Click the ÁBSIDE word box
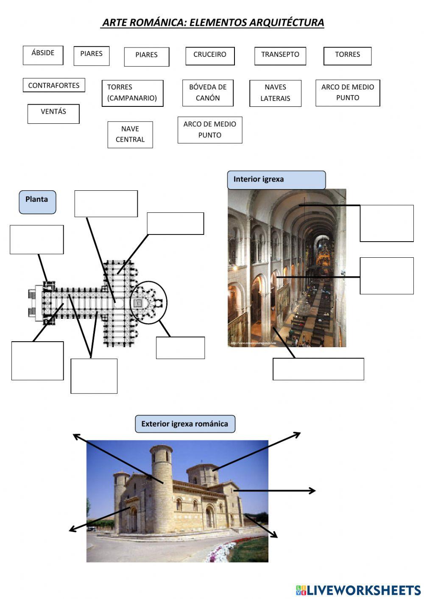[x=43, y=55]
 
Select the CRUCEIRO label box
[x=210, y=56]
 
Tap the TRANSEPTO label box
[x=280, y=56]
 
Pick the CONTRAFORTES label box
[x=54, y=85]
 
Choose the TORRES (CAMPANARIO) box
[x=132, y=93]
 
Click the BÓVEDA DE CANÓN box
[x=208, y=93]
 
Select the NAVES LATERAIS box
[x=275, y=93]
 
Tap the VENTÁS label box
[x=53, y=114]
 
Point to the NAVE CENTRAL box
[x=130, y=134]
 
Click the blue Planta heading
[x=37, y=202]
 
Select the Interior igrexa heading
[x=276, y=180]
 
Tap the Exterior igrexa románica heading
[x=185, y=424]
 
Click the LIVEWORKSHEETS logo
[x=358, y=590]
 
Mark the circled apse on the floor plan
[x=148, y=302]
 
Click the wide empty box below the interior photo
[x=318, y=369]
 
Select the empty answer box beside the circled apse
[x=180, y=348]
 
